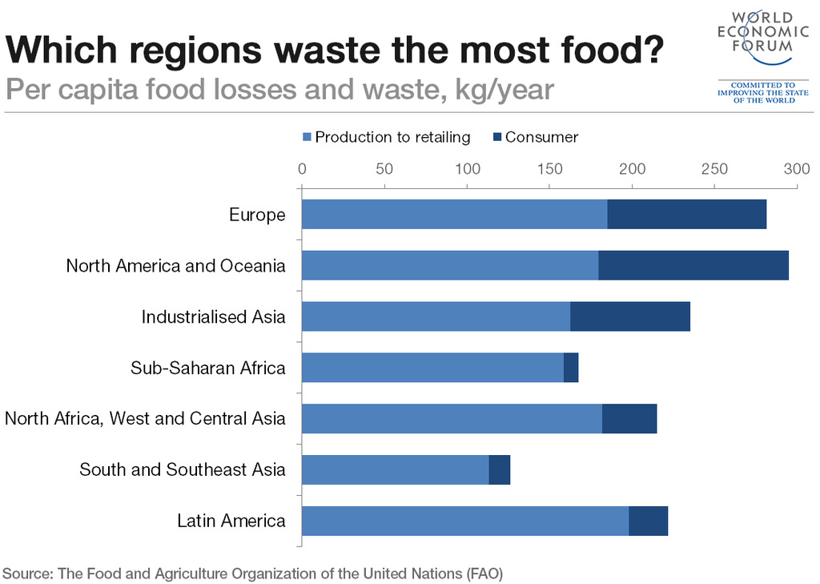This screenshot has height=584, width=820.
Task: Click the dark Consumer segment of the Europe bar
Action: (x=686, y=214)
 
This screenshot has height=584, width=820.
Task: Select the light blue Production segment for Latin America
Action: (x=464, y=521)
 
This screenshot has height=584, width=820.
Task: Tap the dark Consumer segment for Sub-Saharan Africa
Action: (x=570, y=367)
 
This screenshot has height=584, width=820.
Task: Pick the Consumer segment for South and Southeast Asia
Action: (x=499, y=469)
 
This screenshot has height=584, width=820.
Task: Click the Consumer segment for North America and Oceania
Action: (x=693, y=265)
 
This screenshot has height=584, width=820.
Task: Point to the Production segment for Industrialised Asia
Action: (x=436, y=316)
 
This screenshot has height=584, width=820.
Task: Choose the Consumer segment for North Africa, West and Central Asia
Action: (x=629, y=418)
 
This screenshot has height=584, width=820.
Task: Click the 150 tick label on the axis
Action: (x=549, y=169)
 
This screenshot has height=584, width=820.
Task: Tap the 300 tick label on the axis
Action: (x=796, y=169)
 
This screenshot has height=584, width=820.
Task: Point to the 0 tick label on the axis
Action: (x=302, y=169)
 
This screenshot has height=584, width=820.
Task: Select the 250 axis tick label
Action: (x=713, y=169)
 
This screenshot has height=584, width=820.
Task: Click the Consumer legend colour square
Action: (x=496, y=138)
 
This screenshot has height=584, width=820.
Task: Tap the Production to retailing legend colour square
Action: (x=306, y=138)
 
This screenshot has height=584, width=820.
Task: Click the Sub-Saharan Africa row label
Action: (x=207, y=368)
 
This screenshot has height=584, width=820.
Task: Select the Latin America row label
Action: (x=231, y=521)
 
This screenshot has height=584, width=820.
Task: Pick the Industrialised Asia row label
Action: (x=213, y=316)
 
